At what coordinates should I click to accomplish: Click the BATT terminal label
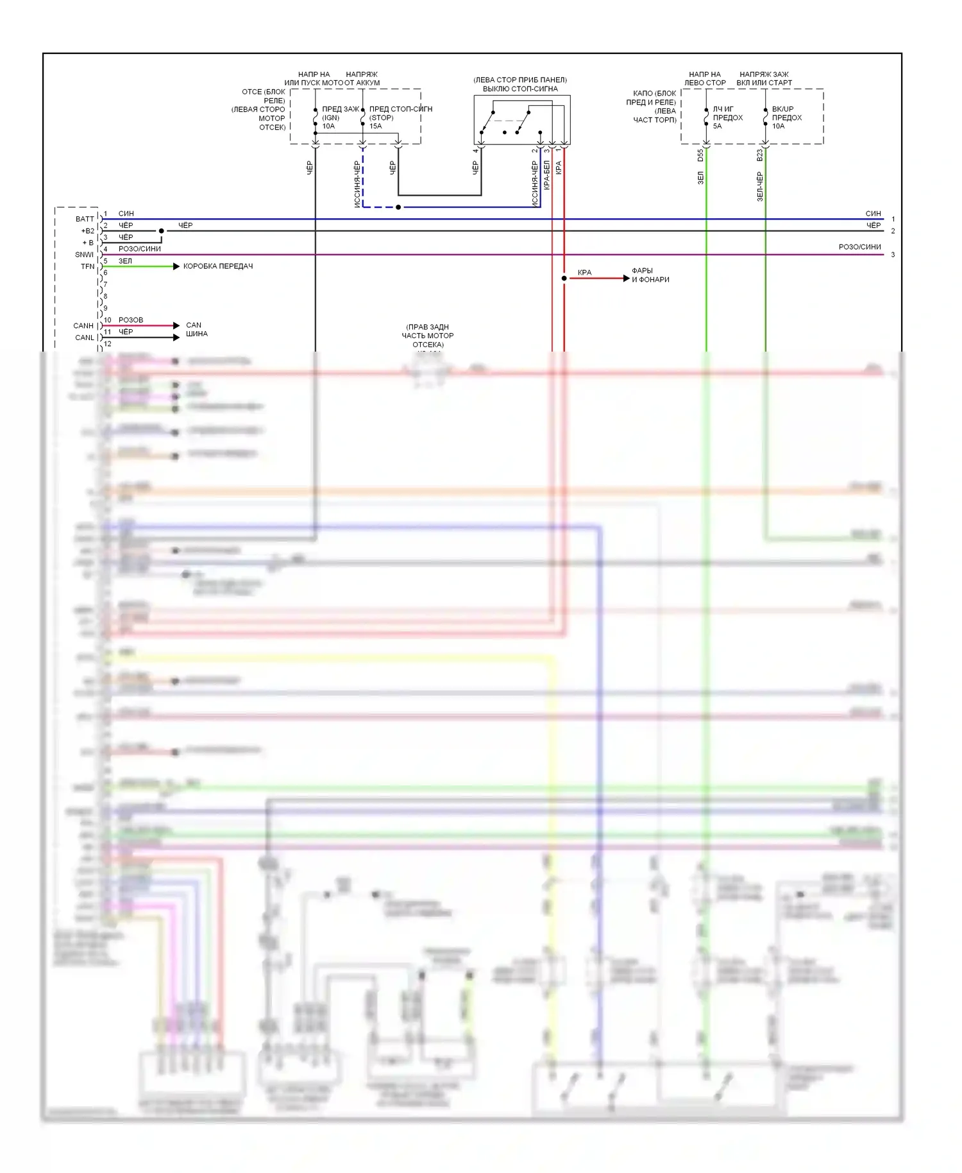pyautogui.click(x=85, y=219)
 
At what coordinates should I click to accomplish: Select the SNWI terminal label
pyautogui.click(x=84, y=255)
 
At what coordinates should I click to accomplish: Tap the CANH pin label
pyautogui.click(x=83, y=326)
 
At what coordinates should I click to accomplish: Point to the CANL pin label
pyautogui.click(x=85, y=338)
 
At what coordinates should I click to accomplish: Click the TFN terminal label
pyautogui.click(x=87, y=266)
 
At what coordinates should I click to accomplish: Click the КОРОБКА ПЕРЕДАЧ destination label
pyautogui.click(x=218, y=266)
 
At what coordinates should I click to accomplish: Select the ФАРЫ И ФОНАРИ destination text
pyautogui.click(x=650, y=275)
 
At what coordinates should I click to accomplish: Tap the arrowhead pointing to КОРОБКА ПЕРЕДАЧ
pyautogui.click(x=176, y=266)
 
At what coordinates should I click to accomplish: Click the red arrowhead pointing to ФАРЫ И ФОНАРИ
pyautogui.click(x=627, y=278)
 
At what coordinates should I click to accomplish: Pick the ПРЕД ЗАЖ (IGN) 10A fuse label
pyautogui.click(x=340, y=117)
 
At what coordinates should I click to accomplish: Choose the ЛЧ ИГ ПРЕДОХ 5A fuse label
pyautogui.click(x=727, y=117)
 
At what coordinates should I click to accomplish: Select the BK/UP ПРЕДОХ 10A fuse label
pyautogui.click(x=786, y=117)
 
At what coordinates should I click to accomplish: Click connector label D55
pyautogui.click(x=700, y=155)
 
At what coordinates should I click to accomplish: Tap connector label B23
pyautogui.click(x=759, y=155)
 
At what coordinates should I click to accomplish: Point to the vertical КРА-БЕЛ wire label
pyautogui.click(x=547, y=175)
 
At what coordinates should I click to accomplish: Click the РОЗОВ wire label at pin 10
pyautogui.click(x=131, y=320)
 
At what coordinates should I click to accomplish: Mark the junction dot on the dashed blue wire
pyautogui.click(x=398, y=207)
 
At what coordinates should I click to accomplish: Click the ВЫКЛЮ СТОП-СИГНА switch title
pyautogui.click(x=520, y=89)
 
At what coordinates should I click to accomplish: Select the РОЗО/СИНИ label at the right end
pyautogui.click(x=859, y=247)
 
